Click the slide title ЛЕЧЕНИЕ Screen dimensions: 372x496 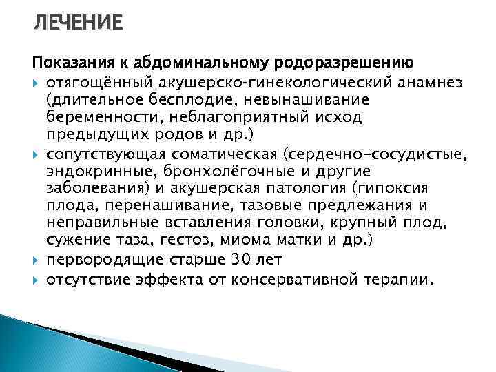pos(78,25)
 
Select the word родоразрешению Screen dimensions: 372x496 pos(344,65)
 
